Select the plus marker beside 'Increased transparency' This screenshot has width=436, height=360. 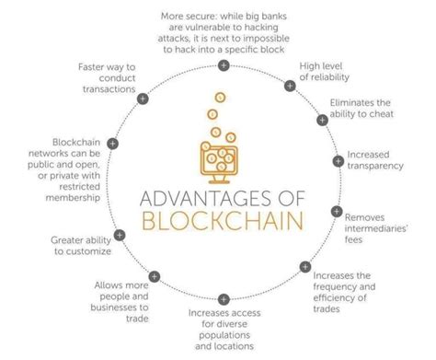point(338,160)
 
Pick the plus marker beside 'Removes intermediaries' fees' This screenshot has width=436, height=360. point(337,211)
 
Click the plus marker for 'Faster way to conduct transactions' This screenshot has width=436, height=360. point(143,96)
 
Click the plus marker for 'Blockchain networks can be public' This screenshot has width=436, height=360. point(112,143)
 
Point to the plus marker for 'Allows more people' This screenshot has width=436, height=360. point(152,274)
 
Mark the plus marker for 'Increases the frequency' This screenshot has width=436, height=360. point(304,267)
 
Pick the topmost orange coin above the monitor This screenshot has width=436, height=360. point(220,97)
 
